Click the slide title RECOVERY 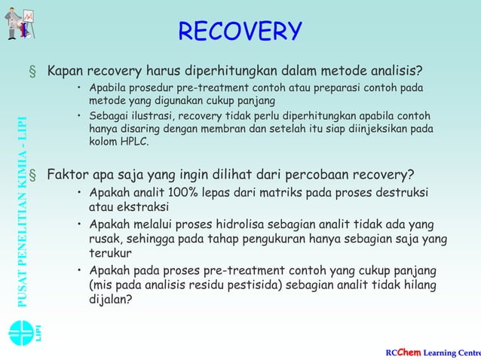point(240,32)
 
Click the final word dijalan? point(111,299)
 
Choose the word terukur point(110,253)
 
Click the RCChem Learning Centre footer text point(432,352)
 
